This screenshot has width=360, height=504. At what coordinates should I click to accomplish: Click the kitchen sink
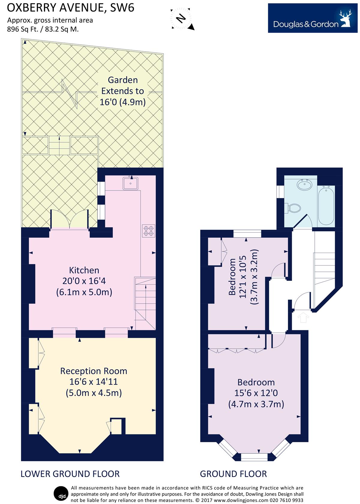tap(130, 183)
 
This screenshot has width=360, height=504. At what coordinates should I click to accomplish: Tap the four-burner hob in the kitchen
tap(148, 231)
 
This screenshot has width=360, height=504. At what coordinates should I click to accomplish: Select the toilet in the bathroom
tap(293, 208)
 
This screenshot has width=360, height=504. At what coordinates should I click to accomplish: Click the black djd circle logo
tap(61, 494)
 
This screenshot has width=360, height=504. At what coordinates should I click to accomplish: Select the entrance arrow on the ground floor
tap(303, 317)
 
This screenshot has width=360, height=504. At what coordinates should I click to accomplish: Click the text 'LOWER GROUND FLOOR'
tap(70, 474)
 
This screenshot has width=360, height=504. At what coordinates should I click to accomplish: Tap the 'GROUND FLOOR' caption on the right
tap(233, 474)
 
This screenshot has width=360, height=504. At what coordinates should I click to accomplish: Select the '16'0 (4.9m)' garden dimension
tap(123, 102)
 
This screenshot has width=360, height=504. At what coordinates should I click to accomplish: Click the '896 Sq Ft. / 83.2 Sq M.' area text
tap(43, 29)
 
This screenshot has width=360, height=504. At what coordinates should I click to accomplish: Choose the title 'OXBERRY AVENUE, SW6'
tap(71, 8)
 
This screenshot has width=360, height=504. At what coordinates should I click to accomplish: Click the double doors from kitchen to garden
tap(69, 219)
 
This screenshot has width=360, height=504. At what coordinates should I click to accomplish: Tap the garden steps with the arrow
tap(59, 145)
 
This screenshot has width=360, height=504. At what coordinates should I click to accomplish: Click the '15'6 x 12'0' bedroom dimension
tap(256, 393)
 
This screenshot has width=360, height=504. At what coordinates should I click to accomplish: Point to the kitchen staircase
tap(145, 303)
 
